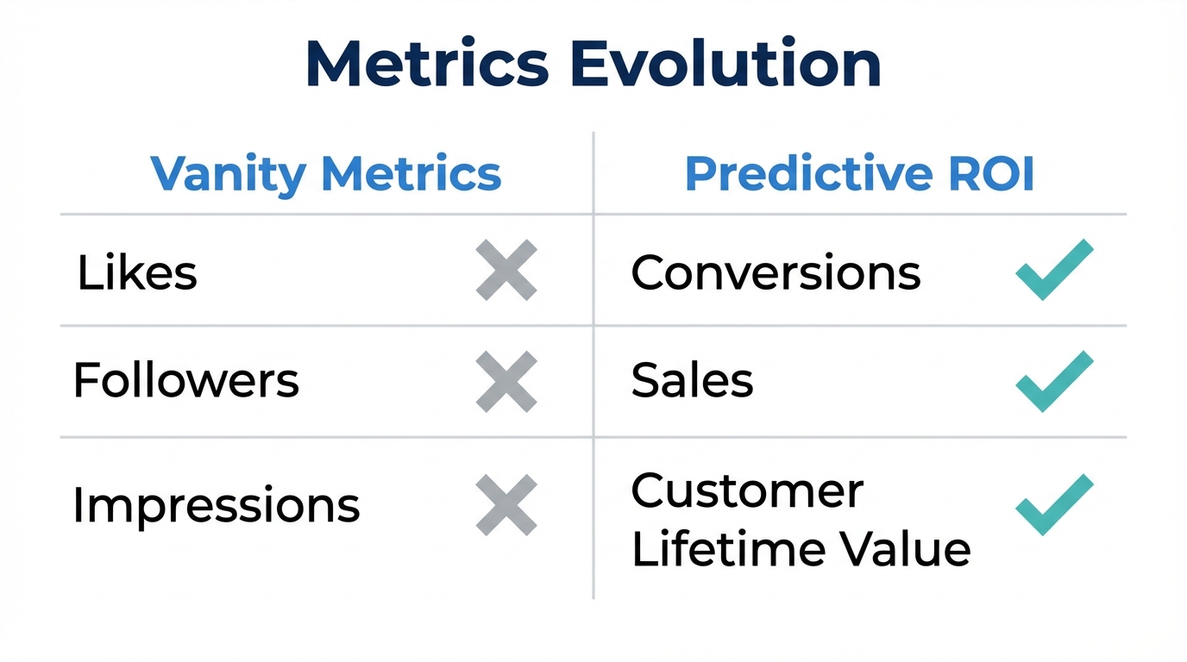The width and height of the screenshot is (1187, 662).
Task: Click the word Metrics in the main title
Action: click(427, 65)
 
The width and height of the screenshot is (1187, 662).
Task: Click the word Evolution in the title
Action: click(726, 65)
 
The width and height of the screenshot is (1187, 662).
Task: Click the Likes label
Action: click(137, 272)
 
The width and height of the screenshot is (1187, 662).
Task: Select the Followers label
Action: click(186, 380)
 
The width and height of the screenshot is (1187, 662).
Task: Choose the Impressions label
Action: click(217, 504)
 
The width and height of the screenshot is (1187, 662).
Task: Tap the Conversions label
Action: click(776, 272)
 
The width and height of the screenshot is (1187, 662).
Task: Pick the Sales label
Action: click(692, 380)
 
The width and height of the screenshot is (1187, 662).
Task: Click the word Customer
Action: click(747, 491)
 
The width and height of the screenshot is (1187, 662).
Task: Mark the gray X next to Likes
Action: click(506, 271)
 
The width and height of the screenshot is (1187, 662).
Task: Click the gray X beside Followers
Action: click(506, 381)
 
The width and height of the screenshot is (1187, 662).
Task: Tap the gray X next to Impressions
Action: click(506, 504)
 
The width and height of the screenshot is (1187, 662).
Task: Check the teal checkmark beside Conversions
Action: click(1053, 270)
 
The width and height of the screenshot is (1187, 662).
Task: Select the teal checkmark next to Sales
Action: click(1053, 380)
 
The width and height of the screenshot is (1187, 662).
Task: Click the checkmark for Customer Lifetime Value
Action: click(1053, 504)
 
